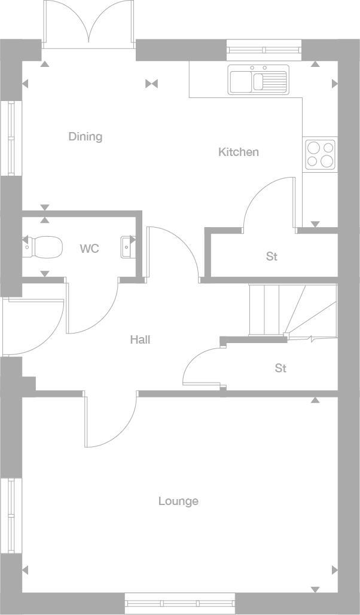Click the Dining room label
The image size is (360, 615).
(85, 137)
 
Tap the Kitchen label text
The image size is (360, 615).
(238, 152)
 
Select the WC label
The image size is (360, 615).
(89, 249)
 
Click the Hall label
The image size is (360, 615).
(140, 339)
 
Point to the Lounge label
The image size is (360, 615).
(178, 501)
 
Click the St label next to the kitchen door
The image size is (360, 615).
(271, 256)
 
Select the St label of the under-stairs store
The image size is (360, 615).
(280, 368)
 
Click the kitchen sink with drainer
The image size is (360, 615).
(258, 79)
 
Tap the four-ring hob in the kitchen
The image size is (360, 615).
(320, 154)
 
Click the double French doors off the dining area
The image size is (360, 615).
(89, 24)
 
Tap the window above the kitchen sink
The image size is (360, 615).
(264, 49)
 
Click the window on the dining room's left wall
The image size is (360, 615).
(10, 138)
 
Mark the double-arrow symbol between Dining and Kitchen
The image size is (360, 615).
(151, 84)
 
